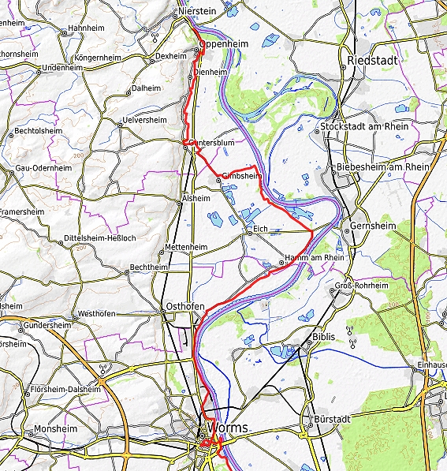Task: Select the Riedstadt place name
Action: coord(371,60)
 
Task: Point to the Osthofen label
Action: coord(182,306)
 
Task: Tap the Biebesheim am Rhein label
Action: coord(382,167)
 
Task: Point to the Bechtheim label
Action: coord(148,267)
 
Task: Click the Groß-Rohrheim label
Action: coord(362,286)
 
